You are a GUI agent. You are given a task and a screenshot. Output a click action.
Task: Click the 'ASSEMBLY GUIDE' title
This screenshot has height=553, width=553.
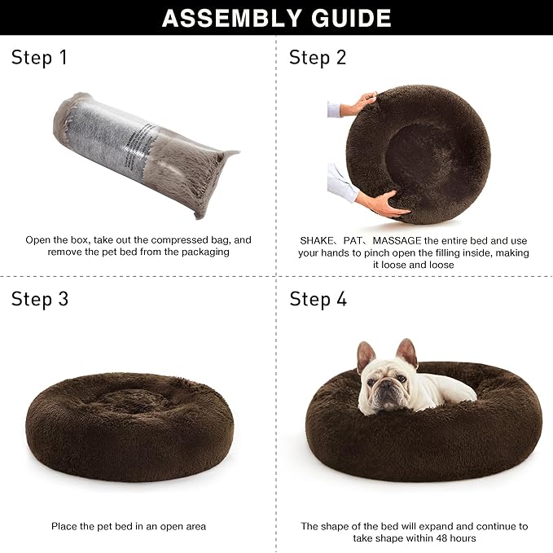276,17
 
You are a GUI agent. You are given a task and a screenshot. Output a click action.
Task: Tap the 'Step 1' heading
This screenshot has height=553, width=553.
39,58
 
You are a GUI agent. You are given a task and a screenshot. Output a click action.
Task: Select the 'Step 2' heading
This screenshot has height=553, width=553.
318,58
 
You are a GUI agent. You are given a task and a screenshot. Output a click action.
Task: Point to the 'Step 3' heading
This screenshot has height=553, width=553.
40,299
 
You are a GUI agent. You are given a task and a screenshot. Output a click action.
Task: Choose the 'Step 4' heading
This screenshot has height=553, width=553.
318,299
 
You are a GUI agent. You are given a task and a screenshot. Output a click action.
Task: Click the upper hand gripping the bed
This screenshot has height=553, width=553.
359,103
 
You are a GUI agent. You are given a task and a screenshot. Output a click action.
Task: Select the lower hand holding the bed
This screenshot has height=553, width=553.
379,203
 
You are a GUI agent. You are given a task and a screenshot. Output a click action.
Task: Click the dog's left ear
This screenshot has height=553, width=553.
366,355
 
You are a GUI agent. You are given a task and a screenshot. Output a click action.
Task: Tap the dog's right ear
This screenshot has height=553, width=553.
407,352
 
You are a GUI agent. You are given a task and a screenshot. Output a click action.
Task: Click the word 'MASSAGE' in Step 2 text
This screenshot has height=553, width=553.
399,240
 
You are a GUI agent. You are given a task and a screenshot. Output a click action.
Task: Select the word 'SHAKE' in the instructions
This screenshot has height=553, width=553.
316,240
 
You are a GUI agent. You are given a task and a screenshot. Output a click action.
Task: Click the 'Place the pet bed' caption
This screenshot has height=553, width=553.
129,526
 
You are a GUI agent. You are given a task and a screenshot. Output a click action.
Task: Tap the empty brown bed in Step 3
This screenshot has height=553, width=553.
129,424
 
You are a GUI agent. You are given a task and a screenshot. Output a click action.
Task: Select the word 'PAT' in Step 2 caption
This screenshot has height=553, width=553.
353,240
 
